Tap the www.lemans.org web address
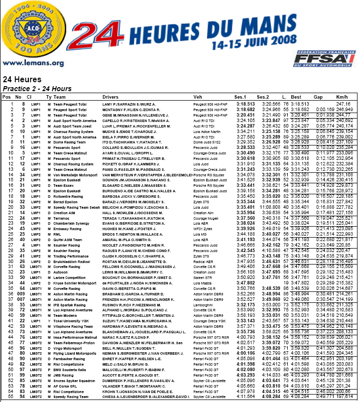click(x=33, y=63)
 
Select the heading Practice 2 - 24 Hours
click(x=37, y=89)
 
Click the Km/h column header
click(x=341, y=97)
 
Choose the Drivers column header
click(x=110, y=97)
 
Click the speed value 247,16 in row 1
click(x=343, y=104)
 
